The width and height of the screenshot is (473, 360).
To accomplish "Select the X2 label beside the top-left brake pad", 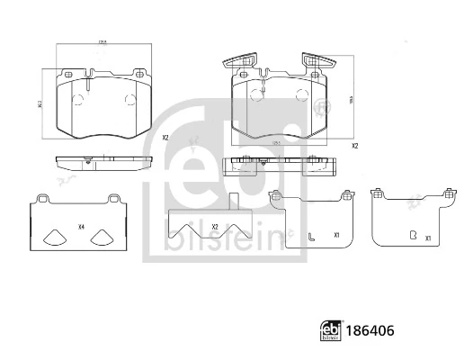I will point(165,138).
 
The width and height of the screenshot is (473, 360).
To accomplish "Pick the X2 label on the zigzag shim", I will point(214,226).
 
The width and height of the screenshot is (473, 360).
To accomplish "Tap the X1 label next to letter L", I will point(336,236).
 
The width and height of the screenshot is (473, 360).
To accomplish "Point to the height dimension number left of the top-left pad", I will point(40,103).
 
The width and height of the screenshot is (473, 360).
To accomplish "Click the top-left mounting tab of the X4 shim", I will point(41,197).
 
